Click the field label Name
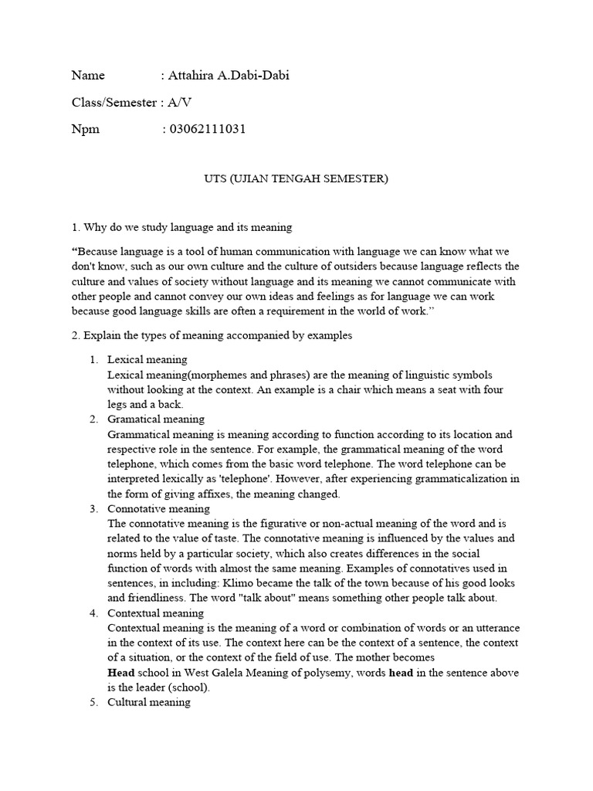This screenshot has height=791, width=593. (87, 75)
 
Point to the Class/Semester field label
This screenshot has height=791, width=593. (114, 102)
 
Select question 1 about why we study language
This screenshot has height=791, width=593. (181, 227)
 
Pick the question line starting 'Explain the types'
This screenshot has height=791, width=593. (212, 336)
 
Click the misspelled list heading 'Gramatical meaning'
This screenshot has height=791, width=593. (156, 419)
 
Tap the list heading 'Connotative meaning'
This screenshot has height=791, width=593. (158, 509)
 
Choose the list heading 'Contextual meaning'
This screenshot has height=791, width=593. (155, 613)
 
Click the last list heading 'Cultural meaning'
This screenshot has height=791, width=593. (149, 703)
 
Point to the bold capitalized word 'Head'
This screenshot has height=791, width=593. (120, 673)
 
